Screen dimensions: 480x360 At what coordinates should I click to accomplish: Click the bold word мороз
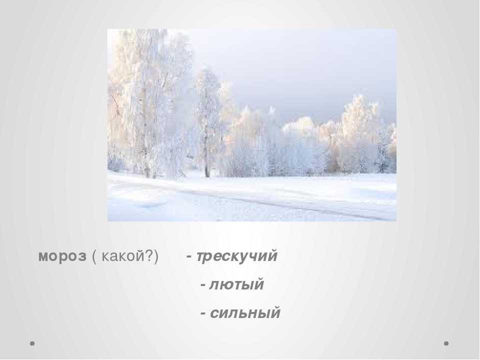point(62,256)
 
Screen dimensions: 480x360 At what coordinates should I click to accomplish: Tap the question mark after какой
point(151,255)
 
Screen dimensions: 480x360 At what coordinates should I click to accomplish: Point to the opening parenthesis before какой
point(94,256)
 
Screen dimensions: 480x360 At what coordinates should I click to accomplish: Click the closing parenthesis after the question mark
point(156,256)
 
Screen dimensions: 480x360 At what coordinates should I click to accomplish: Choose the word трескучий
point(236,256)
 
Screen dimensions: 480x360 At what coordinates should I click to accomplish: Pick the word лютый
point(236,284)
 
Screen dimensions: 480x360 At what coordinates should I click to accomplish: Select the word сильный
point(245,313)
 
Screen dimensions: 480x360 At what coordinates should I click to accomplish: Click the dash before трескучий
point(189,257)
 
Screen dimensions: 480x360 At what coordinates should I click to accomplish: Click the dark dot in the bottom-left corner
point(32,343)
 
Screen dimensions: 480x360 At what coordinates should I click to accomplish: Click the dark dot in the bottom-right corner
point(446,343)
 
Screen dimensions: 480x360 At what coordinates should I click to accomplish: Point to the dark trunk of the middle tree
point(206,159)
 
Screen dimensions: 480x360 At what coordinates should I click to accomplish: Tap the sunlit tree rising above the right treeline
point(358,122)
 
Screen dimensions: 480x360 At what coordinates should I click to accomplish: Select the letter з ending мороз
point(82,257)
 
